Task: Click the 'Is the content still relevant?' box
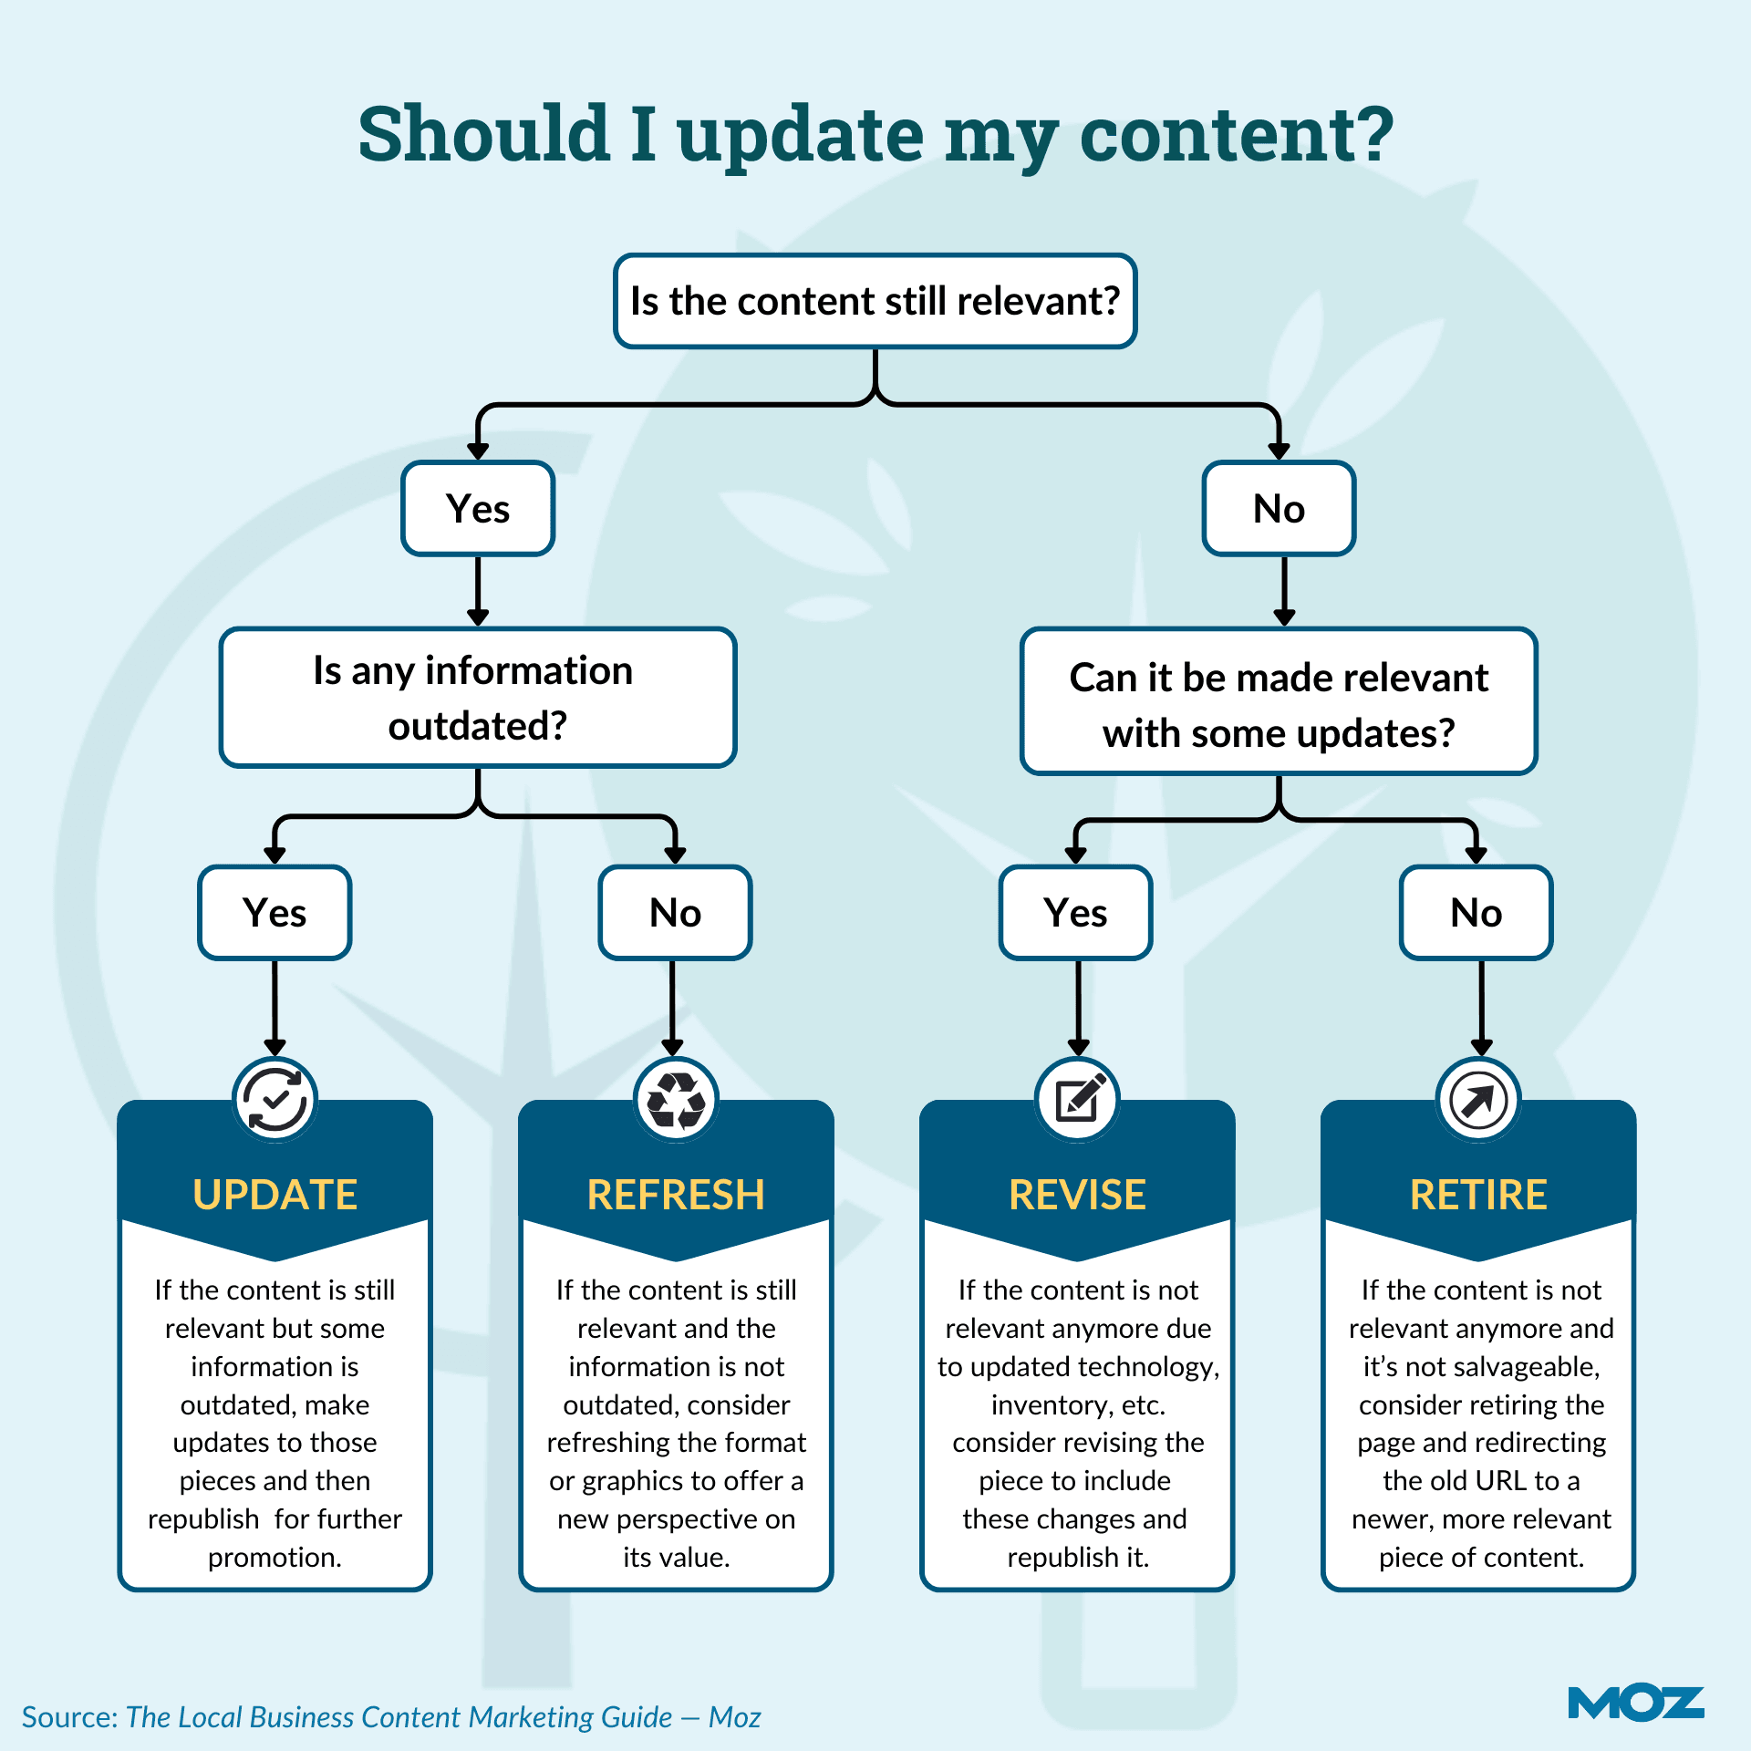coord(875,301)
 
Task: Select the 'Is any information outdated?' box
coord(478,698)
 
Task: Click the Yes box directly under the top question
coord(478,509)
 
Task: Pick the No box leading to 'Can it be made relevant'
coord(1279,509)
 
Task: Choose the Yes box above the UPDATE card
coord(275,913)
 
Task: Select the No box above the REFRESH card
coord(675,913)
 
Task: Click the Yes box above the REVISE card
coord(1075,913)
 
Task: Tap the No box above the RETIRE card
coord(1476,913)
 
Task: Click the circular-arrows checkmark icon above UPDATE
coord(275,1099)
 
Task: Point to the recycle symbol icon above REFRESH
coord(676,1099)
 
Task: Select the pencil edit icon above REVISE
coord(1078,1099)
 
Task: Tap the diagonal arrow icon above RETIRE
coord(1478,1099)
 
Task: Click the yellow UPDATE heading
coord(275,1195)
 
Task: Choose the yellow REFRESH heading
coord(676,1195)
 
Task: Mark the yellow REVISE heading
coord(1077,1195)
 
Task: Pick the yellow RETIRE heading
coord(1478,1195)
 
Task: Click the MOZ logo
coord(1635,1704)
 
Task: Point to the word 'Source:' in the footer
coord(70,1717)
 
